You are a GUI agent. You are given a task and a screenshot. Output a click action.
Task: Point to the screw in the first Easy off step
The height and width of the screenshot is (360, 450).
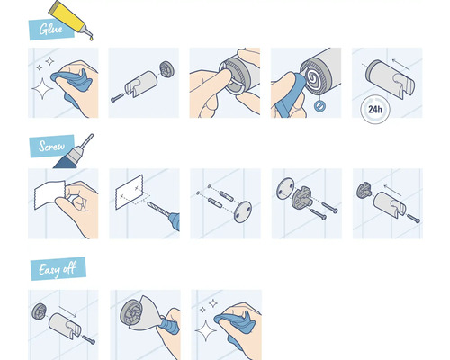point(87,339)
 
